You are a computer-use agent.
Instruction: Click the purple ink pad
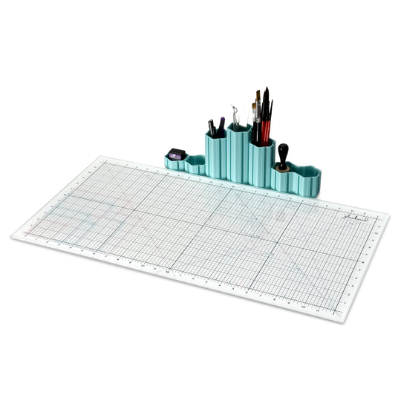[175, 154]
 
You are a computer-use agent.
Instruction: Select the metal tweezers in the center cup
[235, 115]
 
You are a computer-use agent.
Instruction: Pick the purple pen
[221, 125]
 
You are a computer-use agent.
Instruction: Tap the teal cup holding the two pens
[216, 156]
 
